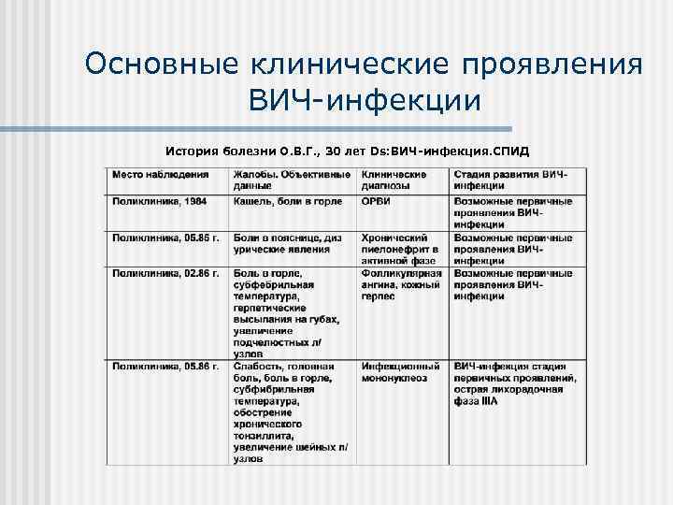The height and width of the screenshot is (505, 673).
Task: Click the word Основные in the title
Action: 160,65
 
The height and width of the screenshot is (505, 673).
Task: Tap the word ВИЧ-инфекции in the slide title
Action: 365,99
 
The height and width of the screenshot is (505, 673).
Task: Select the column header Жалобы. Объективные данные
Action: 292,180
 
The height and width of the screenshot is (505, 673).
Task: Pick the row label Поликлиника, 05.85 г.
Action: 165,238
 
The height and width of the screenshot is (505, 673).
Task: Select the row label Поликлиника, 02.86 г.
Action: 165,274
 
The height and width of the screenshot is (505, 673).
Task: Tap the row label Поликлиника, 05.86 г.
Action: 165,366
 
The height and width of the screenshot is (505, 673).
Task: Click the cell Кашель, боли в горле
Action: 288,201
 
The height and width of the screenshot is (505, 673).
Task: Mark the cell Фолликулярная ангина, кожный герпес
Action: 400,285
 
